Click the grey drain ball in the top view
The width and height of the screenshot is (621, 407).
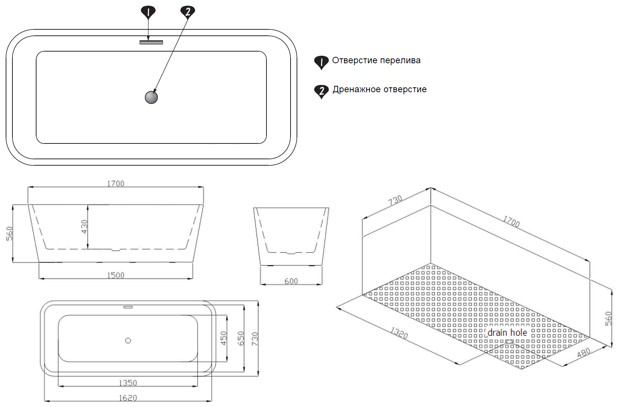pos(151,97)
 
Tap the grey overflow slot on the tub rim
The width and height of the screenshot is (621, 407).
pos(151,42)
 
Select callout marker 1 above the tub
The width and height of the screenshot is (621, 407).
pos(148,13)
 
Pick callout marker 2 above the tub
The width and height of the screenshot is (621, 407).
pos(188,12)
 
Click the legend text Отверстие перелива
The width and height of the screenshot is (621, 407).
pos(376,61)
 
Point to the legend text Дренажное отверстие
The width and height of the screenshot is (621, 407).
pos(379,90)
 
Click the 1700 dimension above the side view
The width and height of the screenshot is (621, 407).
pos(116,183)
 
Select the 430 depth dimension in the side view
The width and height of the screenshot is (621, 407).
pos(85,227)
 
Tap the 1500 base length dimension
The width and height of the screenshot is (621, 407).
pos(116,275)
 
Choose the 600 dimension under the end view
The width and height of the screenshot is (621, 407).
pos(291,281)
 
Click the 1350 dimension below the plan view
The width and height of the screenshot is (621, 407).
pos(128,383)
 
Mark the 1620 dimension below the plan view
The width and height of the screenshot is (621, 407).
pos(128,398)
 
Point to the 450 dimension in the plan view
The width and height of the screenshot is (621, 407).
pos(224,338)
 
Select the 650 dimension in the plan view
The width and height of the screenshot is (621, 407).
pos(241,338)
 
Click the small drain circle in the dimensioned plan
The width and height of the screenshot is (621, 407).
pos(128,340)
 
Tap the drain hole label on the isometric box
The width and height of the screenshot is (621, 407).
pos(507,333)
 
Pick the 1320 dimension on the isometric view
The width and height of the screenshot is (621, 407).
pos(399,333)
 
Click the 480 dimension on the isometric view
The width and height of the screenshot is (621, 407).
pos(584,353)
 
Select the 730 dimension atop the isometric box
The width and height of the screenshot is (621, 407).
pos(395,200)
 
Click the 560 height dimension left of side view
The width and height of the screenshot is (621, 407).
pos(9,233)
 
